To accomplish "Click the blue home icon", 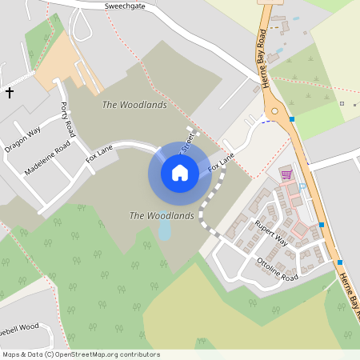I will [180, 172].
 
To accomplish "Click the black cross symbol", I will [10, 93].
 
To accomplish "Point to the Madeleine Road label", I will [47, 156].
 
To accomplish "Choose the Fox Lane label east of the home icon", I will [222, 165].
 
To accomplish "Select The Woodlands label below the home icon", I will [162, 216].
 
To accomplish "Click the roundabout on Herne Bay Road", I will [275, 111].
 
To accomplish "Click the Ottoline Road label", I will [278, 270].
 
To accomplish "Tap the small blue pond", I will [165, 231].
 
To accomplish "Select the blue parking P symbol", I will [302, 186].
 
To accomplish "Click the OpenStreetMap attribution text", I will [80, 354].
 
